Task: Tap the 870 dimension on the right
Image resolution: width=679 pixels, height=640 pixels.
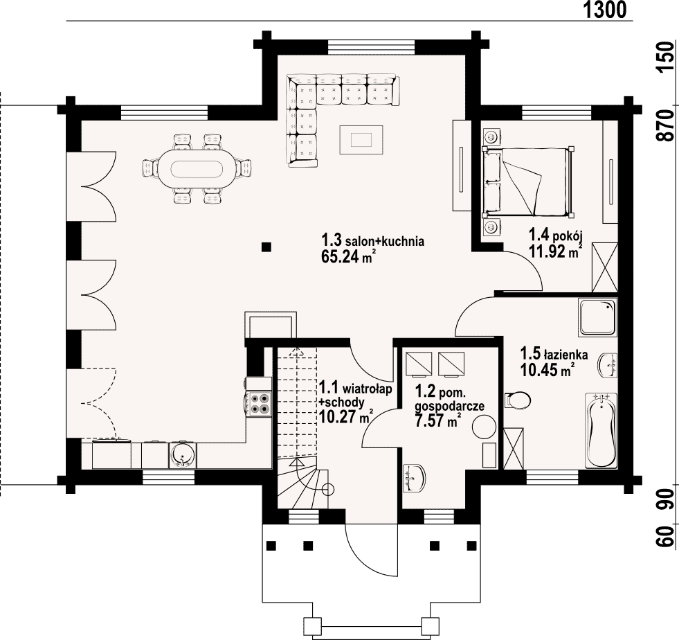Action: tap(666, 125)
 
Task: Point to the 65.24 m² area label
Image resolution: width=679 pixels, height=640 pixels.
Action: tap(347, 256)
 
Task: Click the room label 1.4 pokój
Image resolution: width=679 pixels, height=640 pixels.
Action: tap(556, 235)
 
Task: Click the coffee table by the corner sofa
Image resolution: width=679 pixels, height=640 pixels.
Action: tap(361, 139)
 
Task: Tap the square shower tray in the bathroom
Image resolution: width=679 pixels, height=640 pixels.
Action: tap(597, 317)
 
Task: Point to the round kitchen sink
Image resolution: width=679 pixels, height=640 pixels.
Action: tap(183, 455)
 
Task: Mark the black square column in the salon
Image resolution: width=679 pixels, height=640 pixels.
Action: tap(266, 247)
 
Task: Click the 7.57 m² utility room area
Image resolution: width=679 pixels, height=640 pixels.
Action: tap(437, 420)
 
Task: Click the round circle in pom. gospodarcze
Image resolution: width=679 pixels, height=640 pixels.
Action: tap(483, 427)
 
